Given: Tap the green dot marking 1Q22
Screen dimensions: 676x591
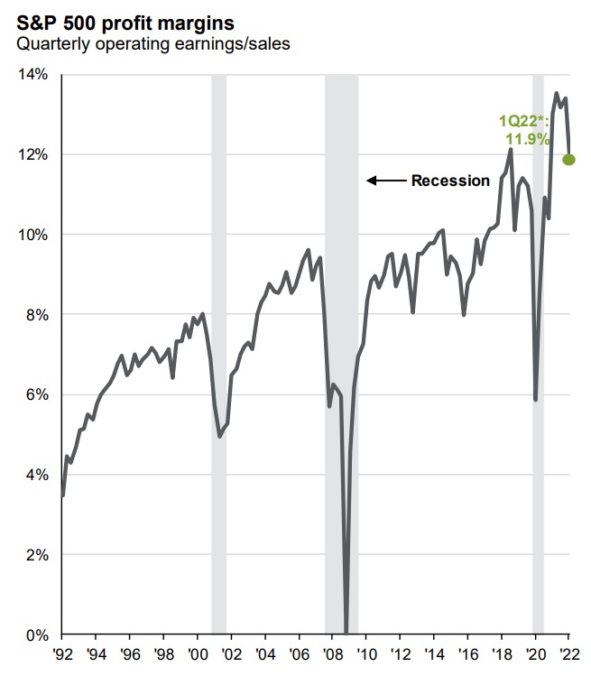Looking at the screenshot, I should click(568, 160).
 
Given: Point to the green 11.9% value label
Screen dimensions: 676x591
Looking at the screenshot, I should click(526, 139).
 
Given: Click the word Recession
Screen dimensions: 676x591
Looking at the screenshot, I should click(450, 181).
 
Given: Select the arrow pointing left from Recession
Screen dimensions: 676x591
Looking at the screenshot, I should click(385, 181).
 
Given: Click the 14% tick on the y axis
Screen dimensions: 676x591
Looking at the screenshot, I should click(33, 75).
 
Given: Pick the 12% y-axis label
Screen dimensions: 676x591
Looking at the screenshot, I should click(33, 154).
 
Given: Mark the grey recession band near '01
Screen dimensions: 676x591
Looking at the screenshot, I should click(218, 361).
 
